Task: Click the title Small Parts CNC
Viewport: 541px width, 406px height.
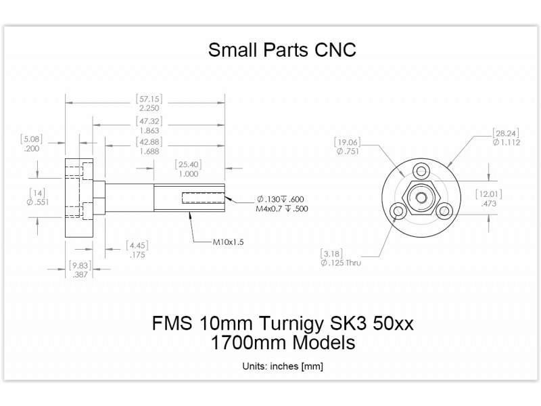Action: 281,50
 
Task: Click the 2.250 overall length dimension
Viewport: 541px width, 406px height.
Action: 149,108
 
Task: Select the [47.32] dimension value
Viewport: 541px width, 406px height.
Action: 149,121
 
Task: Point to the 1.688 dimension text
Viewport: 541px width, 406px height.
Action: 149,152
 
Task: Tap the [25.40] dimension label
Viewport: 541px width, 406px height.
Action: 189,164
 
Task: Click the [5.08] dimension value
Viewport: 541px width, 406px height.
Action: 31,139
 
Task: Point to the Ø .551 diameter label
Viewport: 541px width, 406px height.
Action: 39,202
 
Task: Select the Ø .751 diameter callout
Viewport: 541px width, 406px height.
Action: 348,152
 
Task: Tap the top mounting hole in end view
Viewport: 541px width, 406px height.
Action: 421,170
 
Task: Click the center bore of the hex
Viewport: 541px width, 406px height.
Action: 421,198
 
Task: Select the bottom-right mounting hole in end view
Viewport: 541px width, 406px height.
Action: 444,211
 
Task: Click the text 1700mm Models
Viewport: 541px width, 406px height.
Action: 283,342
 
